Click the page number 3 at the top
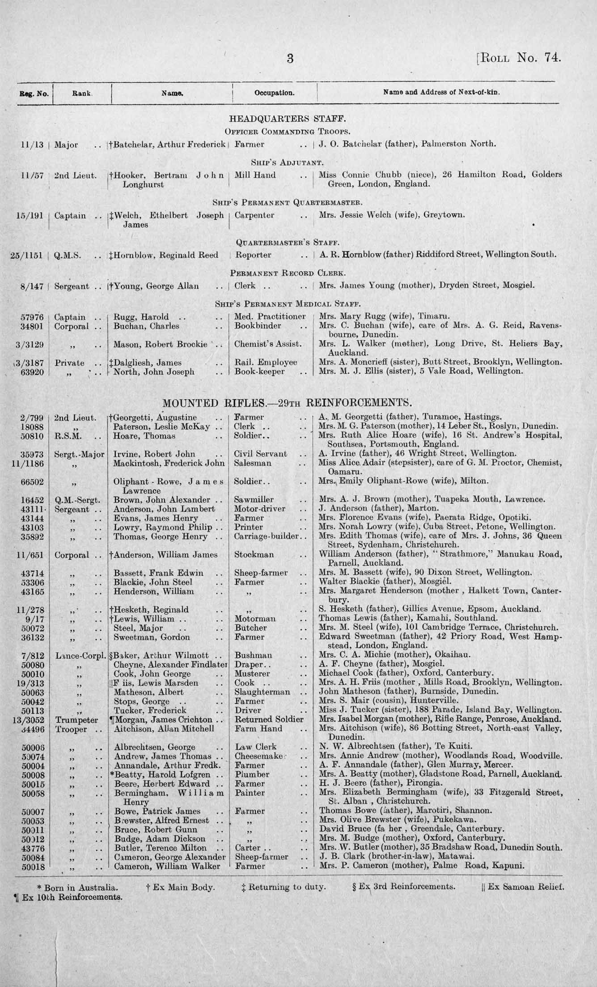click(290, 59)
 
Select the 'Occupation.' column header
click(274, 93)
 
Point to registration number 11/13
click(32, 145)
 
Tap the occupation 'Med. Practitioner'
click(270, 316)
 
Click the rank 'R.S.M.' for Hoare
click(67, 436)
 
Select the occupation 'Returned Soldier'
click(269, 719)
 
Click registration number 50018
click(32, 866)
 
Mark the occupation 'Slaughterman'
click(262, 692)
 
